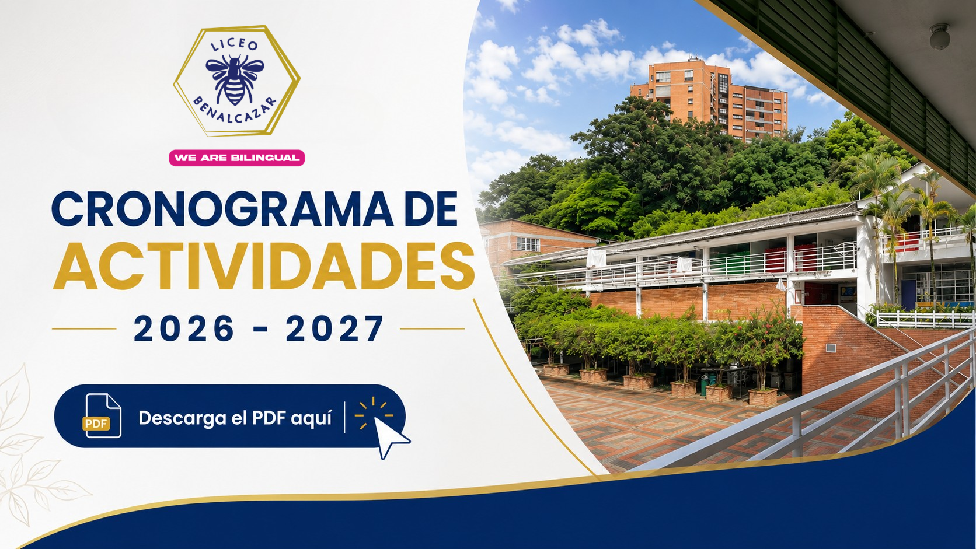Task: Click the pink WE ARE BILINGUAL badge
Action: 236,158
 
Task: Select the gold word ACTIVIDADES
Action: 264,266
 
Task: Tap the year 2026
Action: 184,328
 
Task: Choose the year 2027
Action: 334,328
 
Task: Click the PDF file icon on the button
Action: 102,416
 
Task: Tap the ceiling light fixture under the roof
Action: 940,36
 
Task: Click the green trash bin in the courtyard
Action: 705,385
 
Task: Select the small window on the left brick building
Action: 528,244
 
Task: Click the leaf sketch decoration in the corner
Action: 30,449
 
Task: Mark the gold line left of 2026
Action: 84,328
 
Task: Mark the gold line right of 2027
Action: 432,328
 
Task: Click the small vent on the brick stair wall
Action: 831,348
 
